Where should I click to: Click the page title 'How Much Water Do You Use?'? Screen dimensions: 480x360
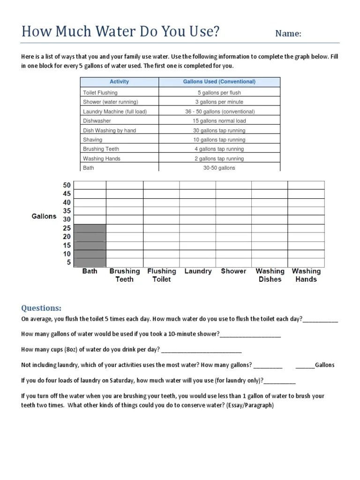click(x=120, y=32)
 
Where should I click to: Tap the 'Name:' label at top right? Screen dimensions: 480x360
click(x=288, y=34)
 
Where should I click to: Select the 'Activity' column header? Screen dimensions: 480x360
click(x=119, y=82)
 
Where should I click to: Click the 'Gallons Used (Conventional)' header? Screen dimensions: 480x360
click(x=219, y=82)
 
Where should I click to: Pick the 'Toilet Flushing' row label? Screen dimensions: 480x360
click(x=100, y=93)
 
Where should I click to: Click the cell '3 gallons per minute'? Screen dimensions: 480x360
click(x=220, y=102)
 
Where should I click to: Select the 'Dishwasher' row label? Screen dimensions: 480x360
click(x=97, y=120)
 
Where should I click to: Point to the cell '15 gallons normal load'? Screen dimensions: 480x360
click(x=220, y=120)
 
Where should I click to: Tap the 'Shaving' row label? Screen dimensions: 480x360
click(x=92, y=140)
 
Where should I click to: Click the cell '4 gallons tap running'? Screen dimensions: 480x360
click(x=220, y=149)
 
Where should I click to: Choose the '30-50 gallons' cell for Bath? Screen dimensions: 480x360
click(x=219, y=168)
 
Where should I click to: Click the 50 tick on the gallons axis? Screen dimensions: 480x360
click(x=67, y=186)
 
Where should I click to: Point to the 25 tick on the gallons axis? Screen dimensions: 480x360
click(x=67, y=228)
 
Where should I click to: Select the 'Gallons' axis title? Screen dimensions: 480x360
click(x=44, y=217)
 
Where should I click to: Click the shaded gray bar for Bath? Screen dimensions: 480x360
click(x=90, y=245)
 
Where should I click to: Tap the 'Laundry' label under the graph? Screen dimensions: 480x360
click(x=198, y=271)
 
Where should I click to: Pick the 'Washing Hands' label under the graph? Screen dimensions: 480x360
click(x=306, y=275)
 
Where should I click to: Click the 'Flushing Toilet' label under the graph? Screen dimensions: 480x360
click(x=162, y=275)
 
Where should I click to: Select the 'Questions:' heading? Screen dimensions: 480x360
click(x=41, y=308)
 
